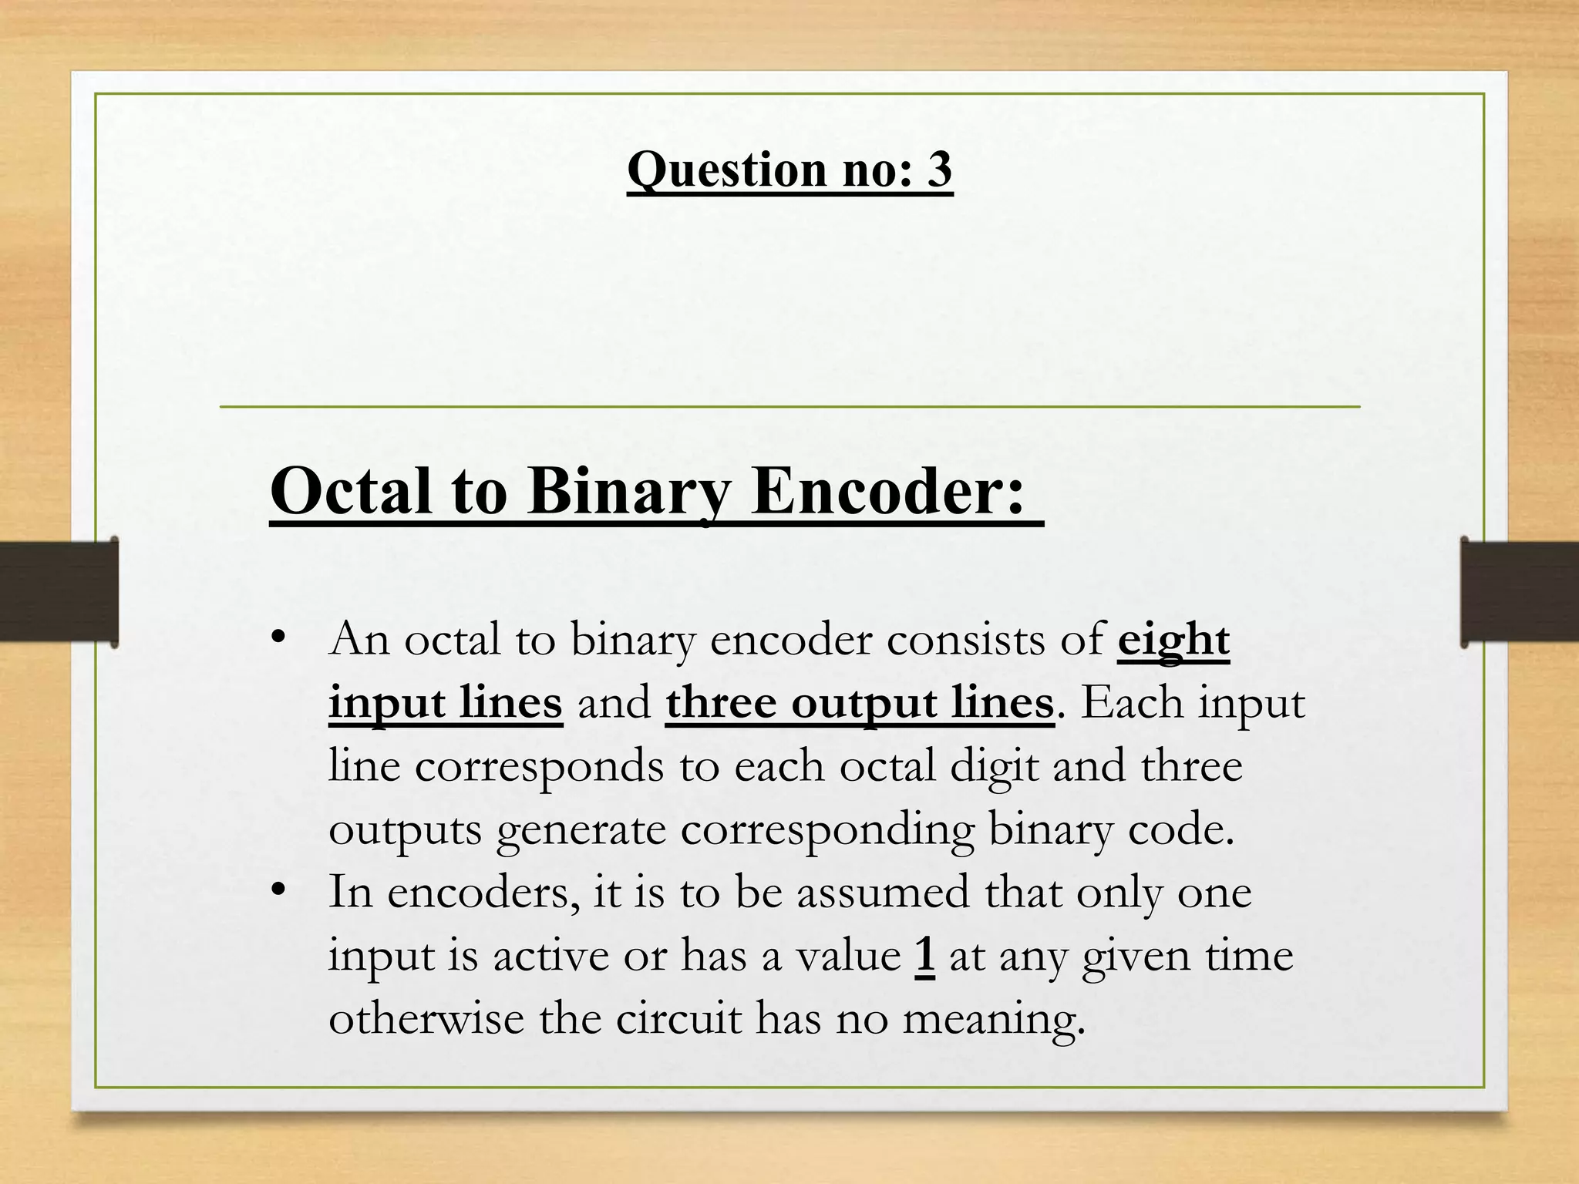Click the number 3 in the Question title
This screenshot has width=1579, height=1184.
pyautogui.click(x=939, y=169)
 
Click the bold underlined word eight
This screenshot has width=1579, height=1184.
pyautogui.click(x=1173, y=640)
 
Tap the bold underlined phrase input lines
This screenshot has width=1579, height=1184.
pyautogui.click(x=445, y=703)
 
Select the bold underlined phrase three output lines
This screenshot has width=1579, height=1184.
pyautogui.click(x=860, y=703)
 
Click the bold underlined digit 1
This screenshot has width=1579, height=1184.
pyautogui.click(x=925, y=956)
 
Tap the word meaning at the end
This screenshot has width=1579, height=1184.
pyautogui.click(x=994, y=1019)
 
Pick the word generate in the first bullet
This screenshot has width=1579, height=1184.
pyautogui.click(x=581, y=829)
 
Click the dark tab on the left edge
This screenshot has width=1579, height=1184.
pyautogui.click(x=59, y=592)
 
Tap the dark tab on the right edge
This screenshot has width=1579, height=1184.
pyautogui.click(x=1520, y=592)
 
